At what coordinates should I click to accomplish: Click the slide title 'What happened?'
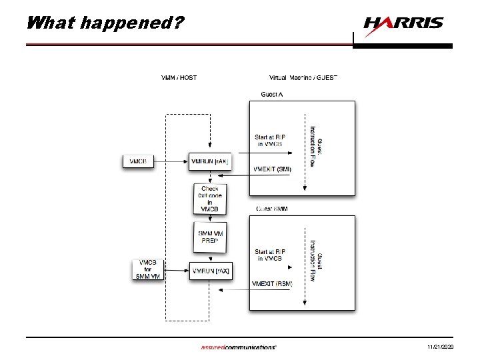point(103,23)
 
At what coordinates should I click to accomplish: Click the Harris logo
point(403,23)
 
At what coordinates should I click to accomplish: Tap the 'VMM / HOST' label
point(179,77)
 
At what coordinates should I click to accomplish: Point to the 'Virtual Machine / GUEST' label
point(303,77)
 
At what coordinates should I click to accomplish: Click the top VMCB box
point(139,161)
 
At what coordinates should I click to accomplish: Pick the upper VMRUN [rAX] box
point(209,161)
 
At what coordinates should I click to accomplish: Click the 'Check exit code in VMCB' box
point(209,199)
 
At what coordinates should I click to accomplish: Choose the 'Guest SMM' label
point(272,209)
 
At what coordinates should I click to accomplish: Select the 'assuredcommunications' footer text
point(238,347)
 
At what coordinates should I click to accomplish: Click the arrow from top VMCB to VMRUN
point(172,161)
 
